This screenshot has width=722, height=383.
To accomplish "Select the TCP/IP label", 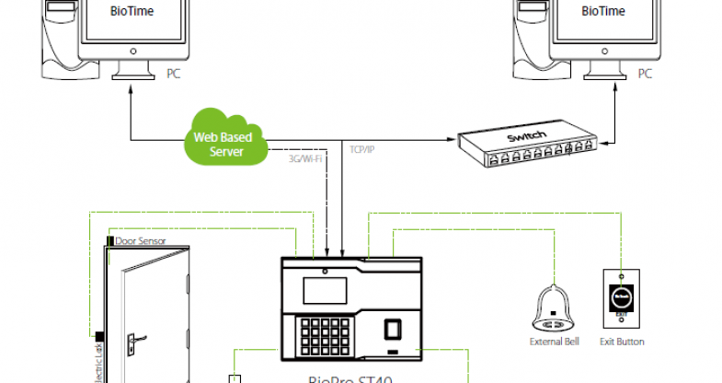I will coord(361,148).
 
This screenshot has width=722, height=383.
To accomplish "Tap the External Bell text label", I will coord(554,342).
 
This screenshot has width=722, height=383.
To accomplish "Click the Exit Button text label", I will coord(622,342).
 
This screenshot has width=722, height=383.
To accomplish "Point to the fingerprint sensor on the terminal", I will coord(392,330).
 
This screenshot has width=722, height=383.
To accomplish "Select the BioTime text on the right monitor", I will coord(603,11).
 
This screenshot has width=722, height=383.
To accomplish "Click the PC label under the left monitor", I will coord(172,73).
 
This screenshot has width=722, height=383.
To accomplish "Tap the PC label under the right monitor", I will coord(646,73).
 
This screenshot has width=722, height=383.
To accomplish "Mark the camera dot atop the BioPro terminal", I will coord(325,271).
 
